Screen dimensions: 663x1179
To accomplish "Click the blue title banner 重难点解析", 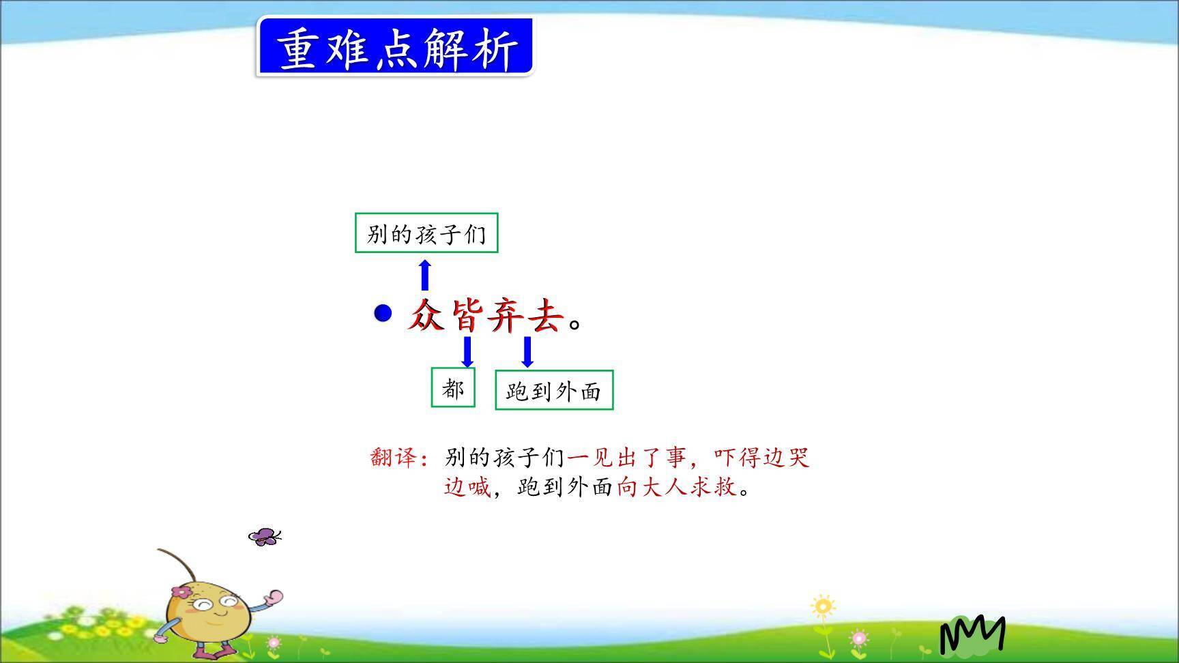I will pos(394,47).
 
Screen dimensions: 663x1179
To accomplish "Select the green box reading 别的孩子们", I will pos(426,233).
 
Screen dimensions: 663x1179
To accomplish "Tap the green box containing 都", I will pos(453,388).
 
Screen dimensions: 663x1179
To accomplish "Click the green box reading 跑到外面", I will pos(554,390).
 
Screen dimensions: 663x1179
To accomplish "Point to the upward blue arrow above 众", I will pos(425,275).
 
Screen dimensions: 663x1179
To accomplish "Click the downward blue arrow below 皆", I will pos(467,351).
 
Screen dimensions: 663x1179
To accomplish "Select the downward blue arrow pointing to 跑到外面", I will pos(527,351).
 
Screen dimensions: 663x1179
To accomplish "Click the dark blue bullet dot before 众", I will pos(383,313).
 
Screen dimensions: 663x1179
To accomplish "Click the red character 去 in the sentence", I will pos(545,316).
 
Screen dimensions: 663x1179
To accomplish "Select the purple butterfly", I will pos(265,537).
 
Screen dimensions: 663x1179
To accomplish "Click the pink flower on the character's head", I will pos(181,591).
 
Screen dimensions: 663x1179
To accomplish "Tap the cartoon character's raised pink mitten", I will pos(274,598).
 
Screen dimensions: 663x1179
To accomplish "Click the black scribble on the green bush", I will pos(972,634).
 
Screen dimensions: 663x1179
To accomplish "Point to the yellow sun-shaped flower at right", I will pos(823,606).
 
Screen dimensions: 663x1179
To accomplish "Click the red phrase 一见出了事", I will pos(626,457).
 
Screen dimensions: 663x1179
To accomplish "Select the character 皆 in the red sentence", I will pos(468,316).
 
